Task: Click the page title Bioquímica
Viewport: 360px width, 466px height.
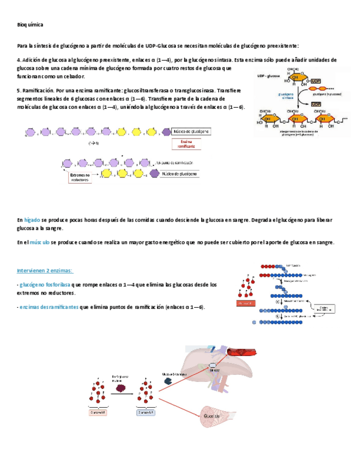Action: pyautogui.click(x=30, y=25)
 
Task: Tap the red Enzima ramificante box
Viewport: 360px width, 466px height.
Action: pyautogui.click(x=187, y=144)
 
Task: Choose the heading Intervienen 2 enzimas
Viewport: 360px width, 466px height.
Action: pyautogui.click(x=45, y=271)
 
